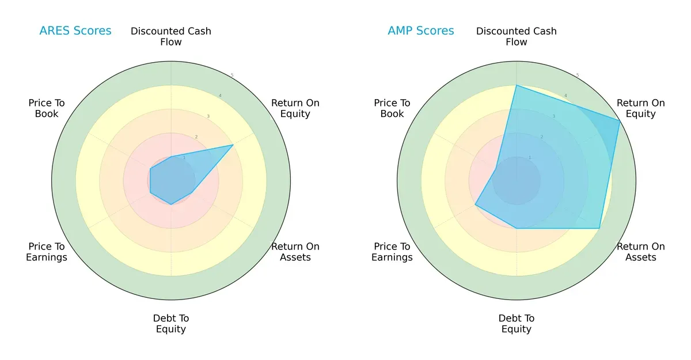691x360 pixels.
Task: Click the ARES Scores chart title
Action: click(75, 31)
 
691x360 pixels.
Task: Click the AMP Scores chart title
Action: click(420, 31)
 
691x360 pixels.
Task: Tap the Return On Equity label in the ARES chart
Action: click(295, 108)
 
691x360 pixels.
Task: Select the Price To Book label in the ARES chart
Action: click(47, 108)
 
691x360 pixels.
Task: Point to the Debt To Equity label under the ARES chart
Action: click(171, 324)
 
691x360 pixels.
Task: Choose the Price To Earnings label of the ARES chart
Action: click(47, 252)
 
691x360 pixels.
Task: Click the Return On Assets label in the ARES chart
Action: click(295, 252)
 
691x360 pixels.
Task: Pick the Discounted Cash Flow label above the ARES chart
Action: click(171, 36)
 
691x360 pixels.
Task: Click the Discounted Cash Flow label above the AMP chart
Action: click(517, 36)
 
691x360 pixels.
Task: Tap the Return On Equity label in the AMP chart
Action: click(640, 108)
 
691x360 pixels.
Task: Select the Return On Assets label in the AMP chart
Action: click(640, 252)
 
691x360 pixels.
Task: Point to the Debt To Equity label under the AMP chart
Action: click(517, 324)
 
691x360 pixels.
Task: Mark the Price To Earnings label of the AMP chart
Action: click(392, 252)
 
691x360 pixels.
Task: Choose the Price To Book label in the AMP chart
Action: click(392, 108)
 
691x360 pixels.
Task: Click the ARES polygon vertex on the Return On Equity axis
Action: click(233, 145)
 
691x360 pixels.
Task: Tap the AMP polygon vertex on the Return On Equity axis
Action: click(620, 120)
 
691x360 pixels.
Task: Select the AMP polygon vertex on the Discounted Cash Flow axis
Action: click(517, 85)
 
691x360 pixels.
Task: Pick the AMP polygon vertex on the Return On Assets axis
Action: click(599, 228)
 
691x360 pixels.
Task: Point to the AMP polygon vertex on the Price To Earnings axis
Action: click(475, 204)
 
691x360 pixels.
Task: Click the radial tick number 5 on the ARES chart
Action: click(232, 75)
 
